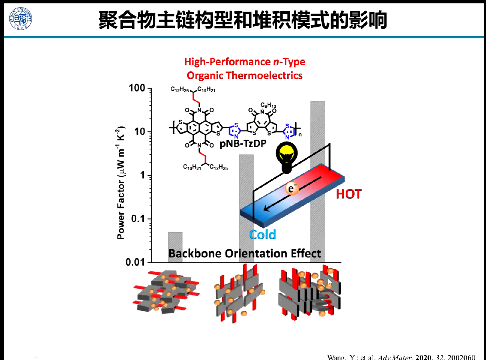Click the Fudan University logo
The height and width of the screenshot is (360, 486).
(x=21, y=19)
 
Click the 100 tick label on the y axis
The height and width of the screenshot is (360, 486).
(x=137, y=88)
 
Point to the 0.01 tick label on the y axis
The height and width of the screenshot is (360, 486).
(x=135, y=262)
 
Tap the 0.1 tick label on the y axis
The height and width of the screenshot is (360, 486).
(x=138, y=218)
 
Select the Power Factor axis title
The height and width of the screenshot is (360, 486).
(x=120, y=183)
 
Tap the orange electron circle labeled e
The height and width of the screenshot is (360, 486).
(x=292, y=188)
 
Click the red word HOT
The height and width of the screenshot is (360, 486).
(x=349, y=194)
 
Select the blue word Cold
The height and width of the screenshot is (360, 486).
(x=263, y=235)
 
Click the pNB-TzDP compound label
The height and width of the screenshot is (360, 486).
(x=243, y=143)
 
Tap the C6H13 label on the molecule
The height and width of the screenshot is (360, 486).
(x=268, y=105)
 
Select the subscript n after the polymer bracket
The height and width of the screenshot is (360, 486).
(x=300, y=134)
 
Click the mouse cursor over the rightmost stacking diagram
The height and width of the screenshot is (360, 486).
(x=330, y=282)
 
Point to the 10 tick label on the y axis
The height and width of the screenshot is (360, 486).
(x=140, y=131)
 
